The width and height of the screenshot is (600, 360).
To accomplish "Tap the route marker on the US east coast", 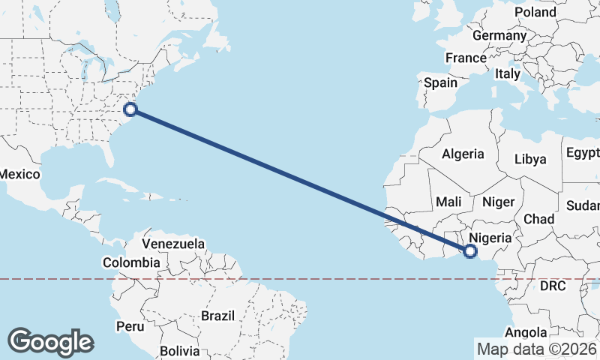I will tap(130, 109).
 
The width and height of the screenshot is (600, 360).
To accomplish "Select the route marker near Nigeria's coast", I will tap(470, 251).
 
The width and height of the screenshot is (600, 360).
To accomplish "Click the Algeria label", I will tap(463, 154).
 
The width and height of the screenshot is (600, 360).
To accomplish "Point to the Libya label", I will tap(530, 159).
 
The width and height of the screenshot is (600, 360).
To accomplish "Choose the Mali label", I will tap(448, 202).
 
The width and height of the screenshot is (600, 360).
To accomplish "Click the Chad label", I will tap(538, 219).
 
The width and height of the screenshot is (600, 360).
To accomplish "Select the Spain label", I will tap(440, 82).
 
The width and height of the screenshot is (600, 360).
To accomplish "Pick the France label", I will tap(466, 58).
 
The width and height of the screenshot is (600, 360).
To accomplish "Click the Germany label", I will tap(499, 35).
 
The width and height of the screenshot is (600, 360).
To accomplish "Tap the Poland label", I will tap(535, 12).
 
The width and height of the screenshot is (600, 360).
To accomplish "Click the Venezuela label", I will tap(173, 244).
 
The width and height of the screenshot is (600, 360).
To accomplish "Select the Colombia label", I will tap(131, 262).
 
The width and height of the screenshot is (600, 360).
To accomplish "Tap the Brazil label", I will tap(217, 316).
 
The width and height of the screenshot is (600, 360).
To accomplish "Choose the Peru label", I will tap(130, 326).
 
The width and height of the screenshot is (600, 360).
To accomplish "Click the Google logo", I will tap(50, 342).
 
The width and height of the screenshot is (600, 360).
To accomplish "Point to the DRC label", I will tap(553, 286).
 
